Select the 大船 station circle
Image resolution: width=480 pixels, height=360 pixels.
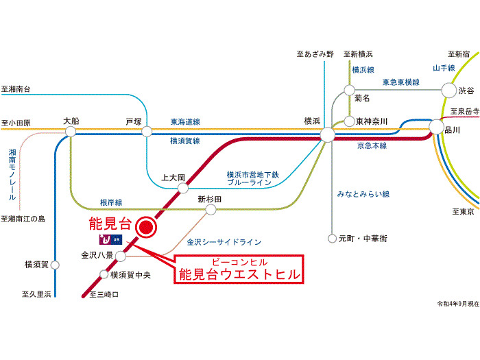71,131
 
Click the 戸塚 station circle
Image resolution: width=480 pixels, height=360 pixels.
147,131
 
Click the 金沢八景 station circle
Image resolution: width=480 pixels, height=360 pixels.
121,256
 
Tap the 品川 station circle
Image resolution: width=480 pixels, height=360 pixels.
436,126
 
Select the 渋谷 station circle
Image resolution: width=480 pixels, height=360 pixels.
448,90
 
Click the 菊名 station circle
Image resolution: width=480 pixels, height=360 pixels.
350,89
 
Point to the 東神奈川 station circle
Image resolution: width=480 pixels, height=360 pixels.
350,121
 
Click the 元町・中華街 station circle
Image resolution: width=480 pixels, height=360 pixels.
333,239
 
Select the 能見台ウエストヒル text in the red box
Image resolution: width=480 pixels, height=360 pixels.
239,275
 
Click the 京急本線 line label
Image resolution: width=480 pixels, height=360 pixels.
372,146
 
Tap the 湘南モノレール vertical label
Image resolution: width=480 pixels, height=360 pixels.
13,174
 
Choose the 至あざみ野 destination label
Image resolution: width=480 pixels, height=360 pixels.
315,53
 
